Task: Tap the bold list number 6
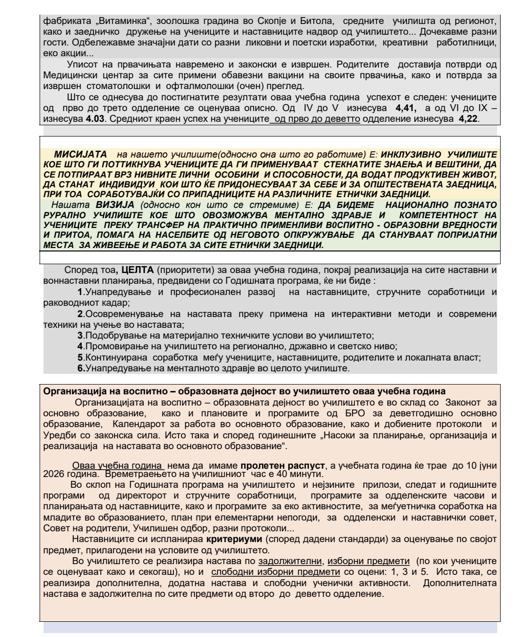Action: (81, 368)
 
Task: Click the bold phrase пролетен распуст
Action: (280, 465)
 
